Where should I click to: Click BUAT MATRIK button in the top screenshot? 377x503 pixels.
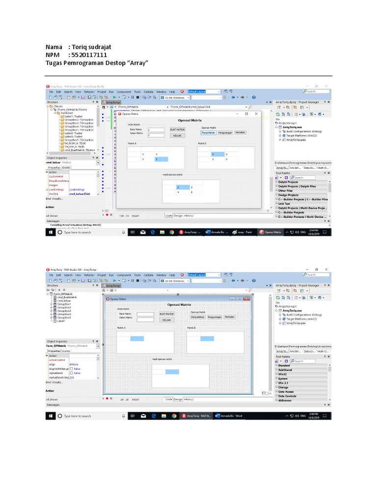(x=177, y=129)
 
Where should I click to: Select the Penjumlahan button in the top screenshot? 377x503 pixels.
(x=208, y=132)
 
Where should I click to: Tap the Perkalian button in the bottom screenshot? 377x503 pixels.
(x=229, y=317)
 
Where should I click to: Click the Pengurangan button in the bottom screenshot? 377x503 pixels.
(x=214, y=317)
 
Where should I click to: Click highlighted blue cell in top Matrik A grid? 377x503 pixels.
(x=162, y=159)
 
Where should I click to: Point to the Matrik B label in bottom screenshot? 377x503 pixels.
(x=191, y=328)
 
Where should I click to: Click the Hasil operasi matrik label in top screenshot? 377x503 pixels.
(x=172, y=174)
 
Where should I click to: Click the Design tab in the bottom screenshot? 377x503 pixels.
(x=178, y=399)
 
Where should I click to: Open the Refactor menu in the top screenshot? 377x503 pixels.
(x=89, y=92)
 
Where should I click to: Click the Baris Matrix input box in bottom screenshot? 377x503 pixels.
(x=145, y=314)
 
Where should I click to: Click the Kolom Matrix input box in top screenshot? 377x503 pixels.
(x=156, y=135)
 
